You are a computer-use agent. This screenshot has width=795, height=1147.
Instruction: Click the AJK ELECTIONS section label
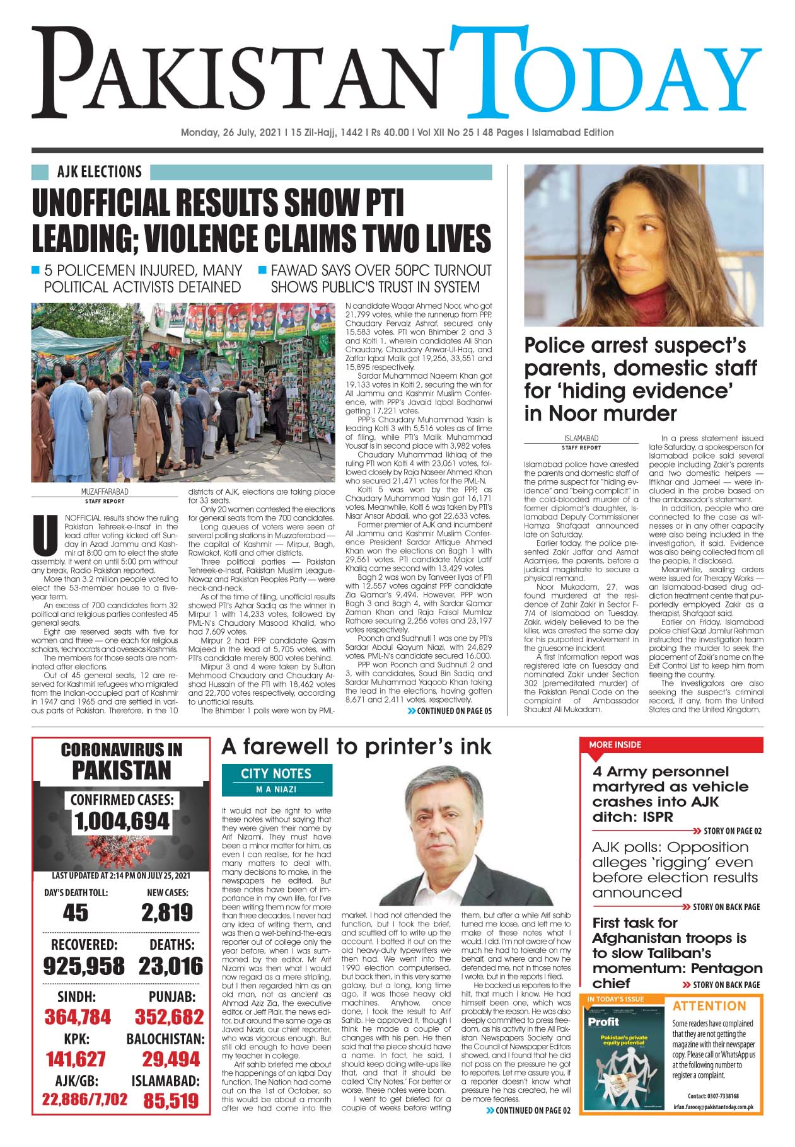[x=99, y=172]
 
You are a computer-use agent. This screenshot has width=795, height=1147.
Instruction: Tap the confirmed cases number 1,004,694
[x=122, y=821]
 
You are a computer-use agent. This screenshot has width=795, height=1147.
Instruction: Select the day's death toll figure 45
[x=76, y=913]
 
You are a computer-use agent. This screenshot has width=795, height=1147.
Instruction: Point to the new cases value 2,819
[x=167, y=913]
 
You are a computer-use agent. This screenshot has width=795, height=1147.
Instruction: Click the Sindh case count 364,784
[x=77, y=1017]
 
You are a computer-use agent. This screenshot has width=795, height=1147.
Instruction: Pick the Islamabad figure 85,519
[x=170, y=1101]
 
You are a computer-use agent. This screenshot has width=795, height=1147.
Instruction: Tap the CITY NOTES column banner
[x=276, y=773]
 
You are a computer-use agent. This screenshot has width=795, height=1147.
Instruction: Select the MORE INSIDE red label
[x=615, y=744]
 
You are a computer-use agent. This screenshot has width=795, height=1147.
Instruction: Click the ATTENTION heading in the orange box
[x=709, y=1006]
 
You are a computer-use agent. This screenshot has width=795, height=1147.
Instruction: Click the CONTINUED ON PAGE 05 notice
[x=450, y=711]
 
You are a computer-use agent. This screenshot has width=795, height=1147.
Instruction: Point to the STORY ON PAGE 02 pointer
[x=726, y=831]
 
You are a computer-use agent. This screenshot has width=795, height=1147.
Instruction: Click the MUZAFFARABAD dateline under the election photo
[x=105, y=491]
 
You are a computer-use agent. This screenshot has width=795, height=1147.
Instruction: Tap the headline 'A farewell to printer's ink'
[x=356, y=747]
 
